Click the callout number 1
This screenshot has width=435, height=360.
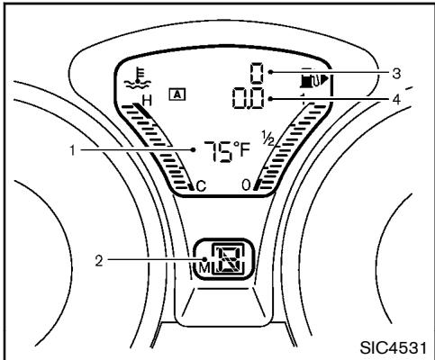coord(72,150)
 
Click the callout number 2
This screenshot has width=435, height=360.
coord(99,260)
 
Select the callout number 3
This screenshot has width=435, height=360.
coord(396,73)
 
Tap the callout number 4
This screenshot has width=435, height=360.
coord(396,99)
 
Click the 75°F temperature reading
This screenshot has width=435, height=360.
coord(227,152)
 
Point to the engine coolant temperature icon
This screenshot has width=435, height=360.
coord(138,78)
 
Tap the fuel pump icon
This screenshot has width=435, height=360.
coord(310,80)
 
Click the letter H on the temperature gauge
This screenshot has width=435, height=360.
coord(147,101)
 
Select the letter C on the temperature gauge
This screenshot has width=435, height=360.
coord(201,186)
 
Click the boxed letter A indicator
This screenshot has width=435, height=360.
coord(177,94)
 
